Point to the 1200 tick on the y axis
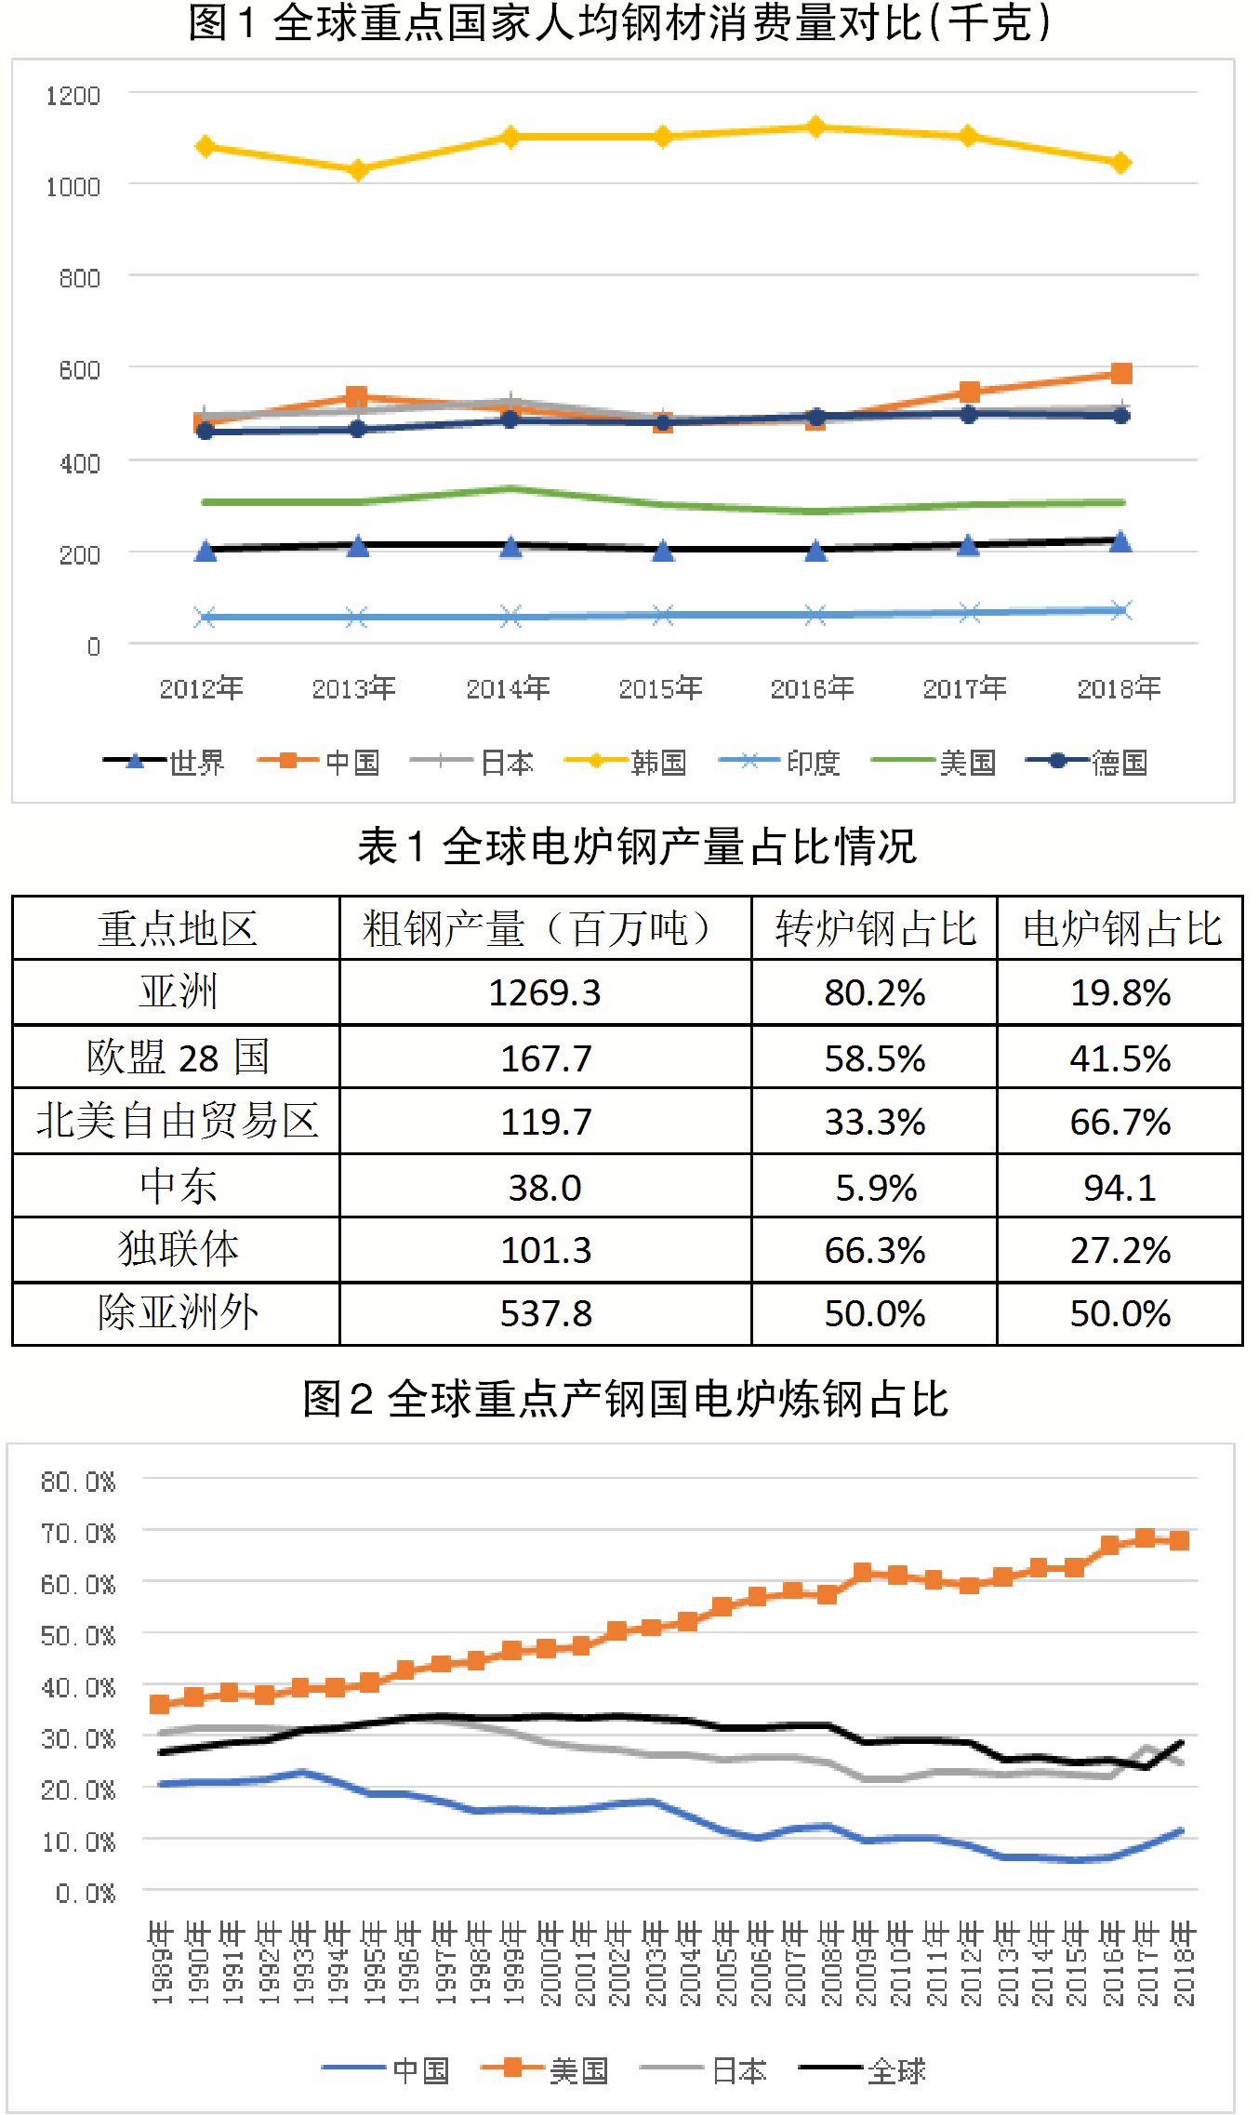coord(73,96)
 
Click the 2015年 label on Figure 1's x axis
coord(660,688)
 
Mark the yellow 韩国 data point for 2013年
coord(357,170)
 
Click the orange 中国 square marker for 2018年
coord(1121,374)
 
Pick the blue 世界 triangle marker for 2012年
coord(205,552)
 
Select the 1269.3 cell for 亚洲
coord(545,993)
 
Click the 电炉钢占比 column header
coord(1120,928)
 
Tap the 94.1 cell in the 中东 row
coord(1120,1188)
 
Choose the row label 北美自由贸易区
coord(177,1122)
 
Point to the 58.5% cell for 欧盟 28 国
coord(874,1058)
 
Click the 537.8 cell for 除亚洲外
coord(546,1314)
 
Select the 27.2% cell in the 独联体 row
coord(1120,1251)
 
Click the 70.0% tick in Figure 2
coord(79,1532)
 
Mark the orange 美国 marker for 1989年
coord(160,1704)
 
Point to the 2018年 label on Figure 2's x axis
coord(1183,1963)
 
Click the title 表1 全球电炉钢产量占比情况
coord(637,847)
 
